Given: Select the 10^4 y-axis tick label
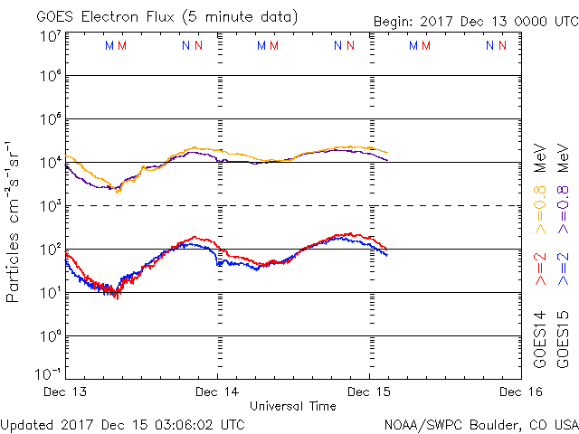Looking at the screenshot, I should [48, 162].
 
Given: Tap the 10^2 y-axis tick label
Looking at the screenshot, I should [48, 249].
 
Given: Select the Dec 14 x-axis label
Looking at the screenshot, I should [218, 392].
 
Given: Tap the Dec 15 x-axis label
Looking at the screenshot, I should [369, 392].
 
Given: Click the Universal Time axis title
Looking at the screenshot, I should [292, 406].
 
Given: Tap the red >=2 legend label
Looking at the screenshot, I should [541, 269].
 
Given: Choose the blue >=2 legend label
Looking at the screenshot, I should [562, 269].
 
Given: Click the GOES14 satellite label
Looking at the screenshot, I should [541, 340].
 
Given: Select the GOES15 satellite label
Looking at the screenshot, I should [562, 340].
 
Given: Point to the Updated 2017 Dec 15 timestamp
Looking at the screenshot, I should [123, 423].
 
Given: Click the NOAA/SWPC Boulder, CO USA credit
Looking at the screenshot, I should [480, 423].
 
